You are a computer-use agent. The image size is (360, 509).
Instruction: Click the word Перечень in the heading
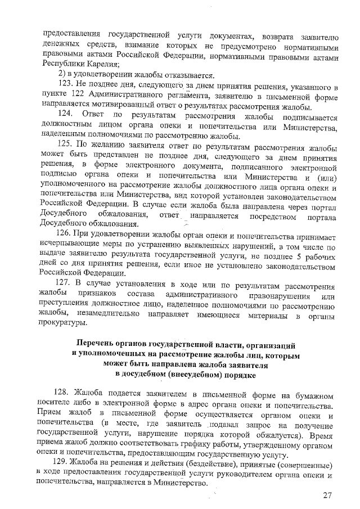pyautogui.click(x=100, y=344)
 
